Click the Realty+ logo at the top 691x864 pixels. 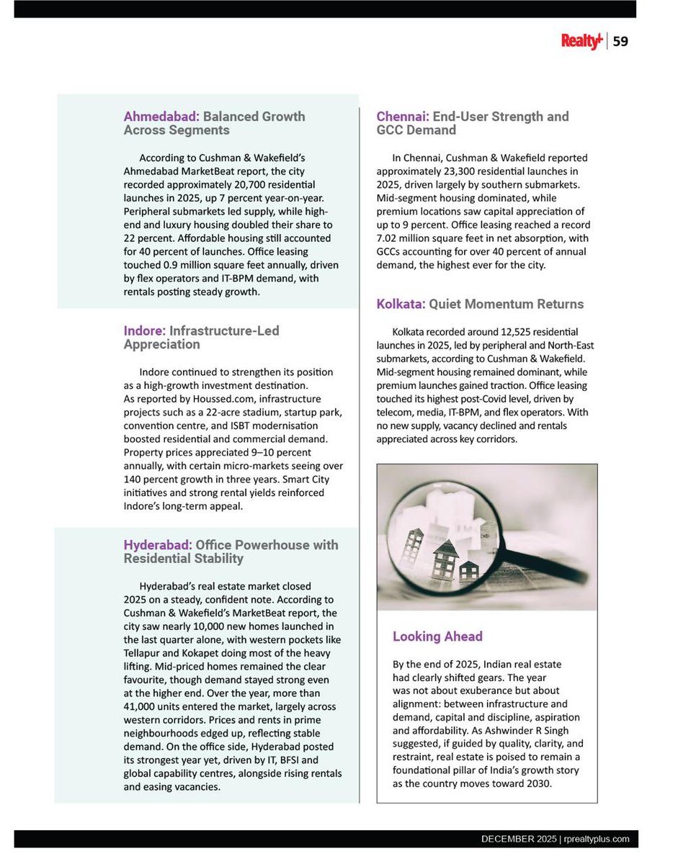581,42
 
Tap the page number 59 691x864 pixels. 620,42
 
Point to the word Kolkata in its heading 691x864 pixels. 401,305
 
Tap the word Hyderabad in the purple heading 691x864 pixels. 157,545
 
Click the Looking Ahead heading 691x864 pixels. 437,636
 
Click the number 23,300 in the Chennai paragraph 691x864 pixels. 466,171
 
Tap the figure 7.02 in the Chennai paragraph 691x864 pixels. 389,238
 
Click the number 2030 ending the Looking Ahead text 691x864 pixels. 538,784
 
